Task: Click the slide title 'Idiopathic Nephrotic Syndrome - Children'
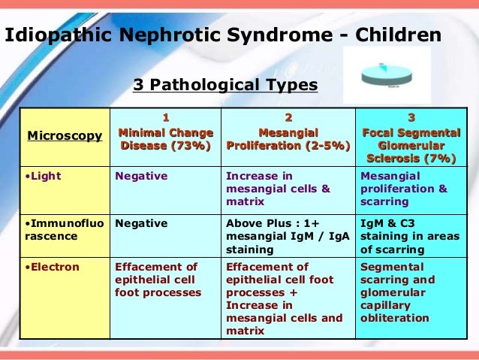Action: point(224,35)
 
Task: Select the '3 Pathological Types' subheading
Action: point(225,86)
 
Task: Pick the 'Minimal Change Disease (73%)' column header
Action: point(166,139)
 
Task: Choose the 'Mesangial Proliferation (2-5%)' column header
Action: point(288,139)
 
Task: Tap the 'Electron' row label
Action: point(47,267)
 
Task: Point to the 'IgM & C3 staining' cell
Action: point(409,235)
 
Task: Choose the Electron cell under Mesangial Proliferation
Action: point(284,298)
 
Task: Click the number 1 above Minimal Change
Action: point(166,117)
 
